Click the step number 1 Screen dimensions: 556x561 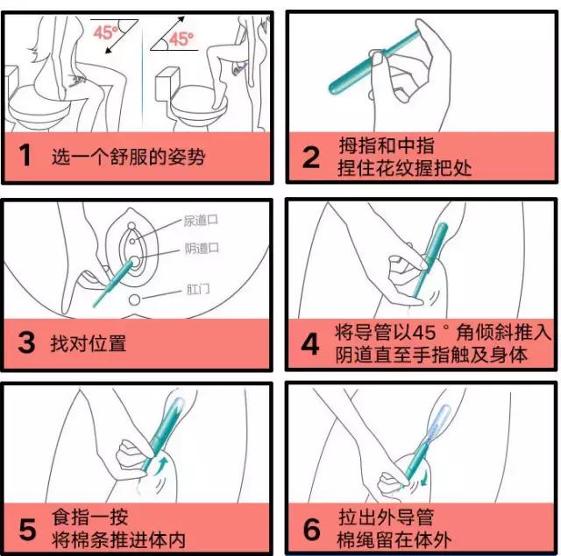tap(25, 158)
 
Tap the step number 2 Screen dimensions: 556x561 tap(311, 158)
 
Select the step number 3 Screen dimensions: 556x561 tap(26, 341)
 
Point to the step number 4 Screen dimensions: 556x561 tap(311, 343)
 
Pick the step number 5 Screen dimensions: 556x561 tap(26, 528)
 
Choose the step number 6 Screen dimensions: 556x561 tap(311, 528)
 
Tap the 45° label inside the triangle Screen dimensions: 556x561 tap(181, 39)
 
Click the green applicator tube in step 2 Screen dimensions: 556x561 tap(372, 70)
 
